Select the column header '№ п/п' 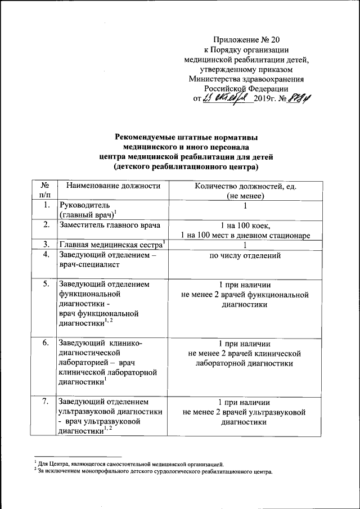44,191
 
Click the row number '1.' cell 44,206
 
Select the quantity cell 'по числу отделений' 245,256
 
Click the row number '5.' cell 44,285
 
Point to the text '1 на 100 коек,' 245,225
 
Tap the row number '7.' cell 44,402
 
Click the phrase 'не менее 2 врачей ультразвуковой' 245,412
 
